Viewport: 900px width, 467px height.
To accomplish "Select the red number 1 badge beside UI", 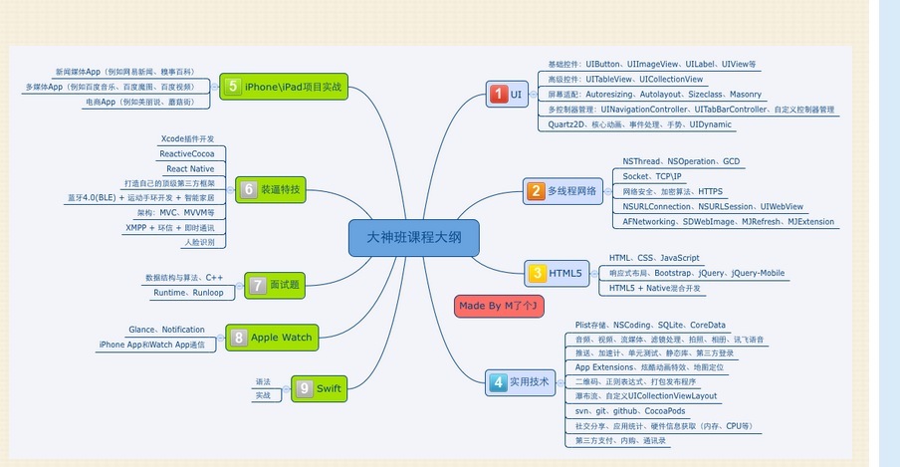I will [498, 95].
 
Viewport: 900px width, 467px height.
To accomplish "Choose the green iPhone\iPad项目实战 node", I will [284, 87].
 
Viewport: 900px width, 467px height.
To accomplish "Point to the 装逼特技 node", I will [272, 188].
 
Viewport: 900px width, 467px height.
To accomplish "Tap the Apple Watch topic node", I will [272, 338].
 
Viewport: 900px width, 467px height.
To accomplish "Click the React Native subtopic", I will [190, 169].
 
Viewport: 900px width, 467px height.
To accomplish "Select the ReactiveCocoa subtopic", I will [188, 153].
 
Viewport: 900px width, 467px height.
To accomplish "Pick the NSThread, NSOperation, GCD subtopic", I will [681, 161].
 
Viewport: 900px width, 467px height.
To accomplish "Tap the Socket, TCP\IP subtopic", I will [657, 176].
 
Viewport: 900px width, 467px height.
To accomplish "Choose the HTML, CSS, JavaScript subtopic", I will [654, 258].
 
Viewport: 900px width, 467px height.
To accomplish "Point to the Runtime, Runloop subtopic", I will [188, 293].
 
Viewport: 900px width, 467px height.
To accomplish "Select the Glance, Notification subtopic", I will [167, 330].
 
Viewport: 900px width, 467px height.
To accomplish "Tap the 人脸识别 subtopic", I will [199, 242].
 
